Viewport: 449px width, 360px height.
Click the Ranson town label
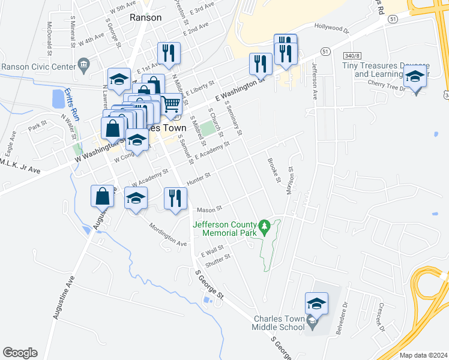pos(146,17)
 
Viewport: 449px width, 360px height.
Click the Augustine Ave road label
pos(64,296)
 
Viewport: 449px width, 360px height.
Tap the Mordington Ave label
pos(168,236)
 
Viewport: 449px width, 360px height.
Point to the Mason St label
pos(209,209)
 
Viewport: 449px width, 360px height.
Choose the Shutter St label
pos(218,258)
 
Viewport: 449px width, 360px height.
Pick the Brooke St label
pos(273,170)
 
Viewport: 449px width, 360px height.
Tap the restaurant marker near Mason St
pos(175,199)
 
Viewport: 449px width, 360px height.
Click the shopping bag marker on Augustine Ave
pos(102,196)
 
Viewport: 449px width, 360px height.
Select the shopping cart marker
pos(172,104)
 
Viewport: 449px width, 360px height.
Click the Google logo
pos(20,353)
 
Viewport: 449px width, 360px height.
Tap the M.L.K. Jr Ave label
pos(20,167)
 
